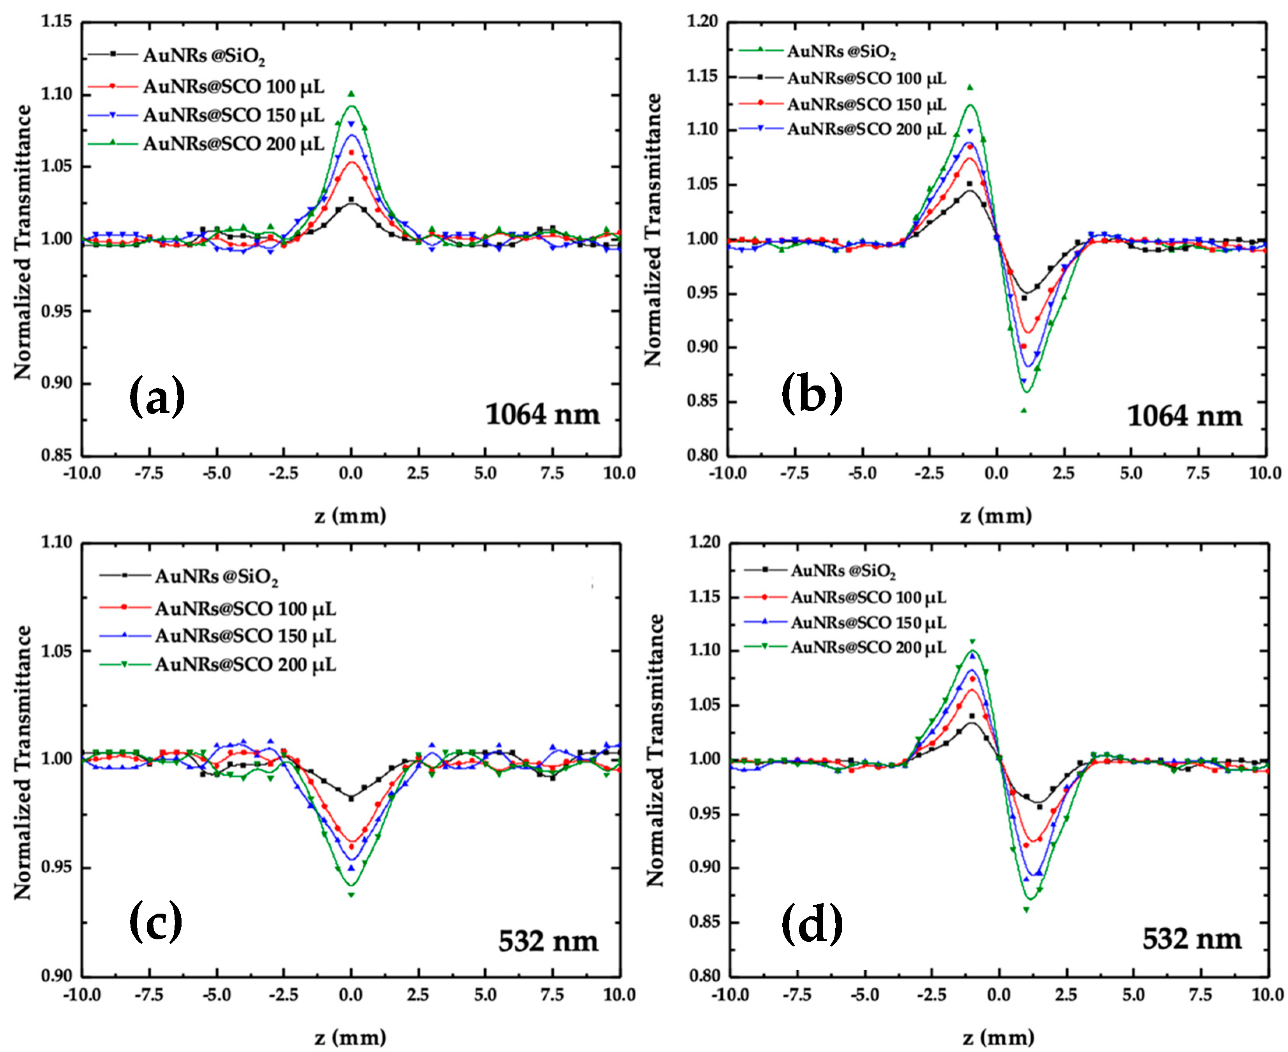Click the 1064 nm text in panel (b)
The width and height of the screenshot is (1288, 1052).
pyautogui.click(x=1184, y=416)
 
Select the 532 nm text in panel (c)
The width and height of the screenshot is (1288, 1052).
pyautogui.click(x=548, y=941)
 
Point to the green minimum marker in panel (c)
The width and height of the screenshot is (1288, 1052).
pyautogui.click(x=351, y=895)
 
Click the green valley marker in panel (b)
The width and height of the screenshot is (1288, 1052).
pyautogui.click(x=1024, y=410)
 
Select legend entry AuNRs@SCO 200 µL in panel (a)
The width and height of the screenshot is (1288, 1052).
pyautogui.click(x=233, y=144)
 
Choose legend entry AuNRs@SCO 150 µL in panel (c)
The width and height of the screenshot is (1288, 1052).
pyautogui.click(x=245, y=636)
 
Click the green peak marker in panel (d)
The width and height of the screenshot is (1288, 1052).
pyautogui.click(x=972, y=641)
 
